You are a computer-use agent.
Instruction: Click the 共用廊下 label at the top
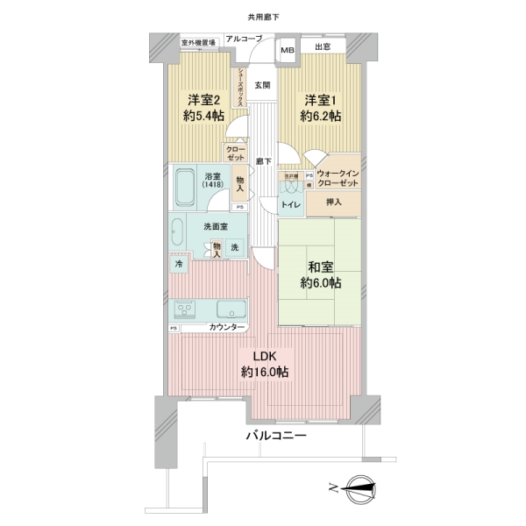(x=263, y=18)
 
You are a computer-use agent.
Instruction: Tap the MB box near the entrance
(x=288, y=51)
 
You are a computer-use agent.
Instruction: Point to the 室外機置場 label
(x=198, y=42)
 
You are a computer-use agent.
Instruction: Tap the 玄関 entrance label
(x=262, y=85)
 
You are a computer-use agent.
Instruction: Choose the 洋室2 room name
(x=203, y=99)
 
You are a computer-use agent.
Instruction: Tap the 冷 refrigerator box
(x=178, y=263)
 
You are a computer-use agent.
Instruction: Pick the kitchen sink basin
(x=232, y=309)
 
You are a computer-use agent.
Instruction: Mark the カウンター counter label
(x=227, y=327)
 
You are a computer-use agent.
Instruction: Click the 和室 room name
(x=320, y=265)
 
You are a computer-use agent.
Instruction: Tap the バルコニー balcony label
(x=275, y=435)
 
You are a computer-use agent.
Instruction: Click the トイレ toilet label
(x=290, y=205)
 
